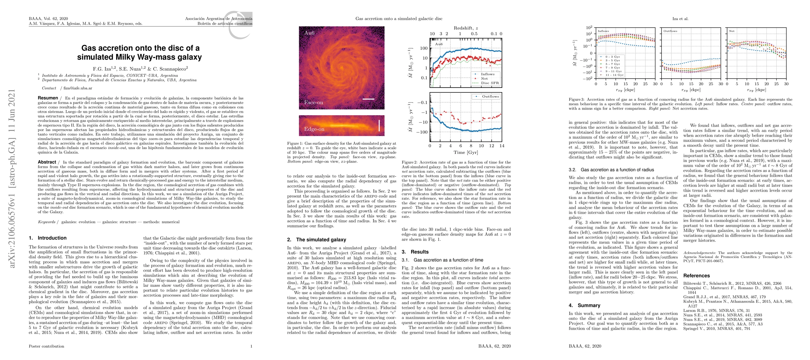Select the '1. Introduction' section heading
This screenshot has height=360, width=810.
point(48,238)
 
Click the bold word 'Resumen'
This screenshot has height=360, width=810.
point(48,98)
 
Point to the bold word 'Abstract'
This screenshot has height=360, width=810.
point(47,162)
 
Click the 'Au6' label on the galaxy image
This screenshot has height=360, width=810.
point(309,33)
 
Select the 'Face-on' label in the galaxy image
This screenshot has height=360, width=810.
point(313,103)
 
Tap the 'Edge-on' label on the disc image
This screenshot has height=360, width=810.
point(314,129)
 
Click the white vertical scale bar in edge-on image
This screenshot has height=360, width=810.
point(379,125)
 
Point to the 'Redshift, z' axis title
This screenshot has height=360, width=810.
point(466,28)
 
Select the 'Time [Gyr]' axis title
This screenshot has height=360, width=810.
point(465,152)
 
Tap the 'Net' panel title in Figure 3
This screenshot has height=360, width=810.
point(732,31)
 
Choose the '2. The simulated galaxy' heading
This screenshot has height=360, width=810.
point(316,240)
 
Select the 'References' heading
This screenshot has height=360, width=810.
point(697,276)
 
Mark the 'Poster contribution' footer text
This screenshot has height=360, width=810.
point(46,346)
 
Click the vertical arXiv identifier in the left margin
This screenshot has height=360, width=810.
point(12,178)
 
